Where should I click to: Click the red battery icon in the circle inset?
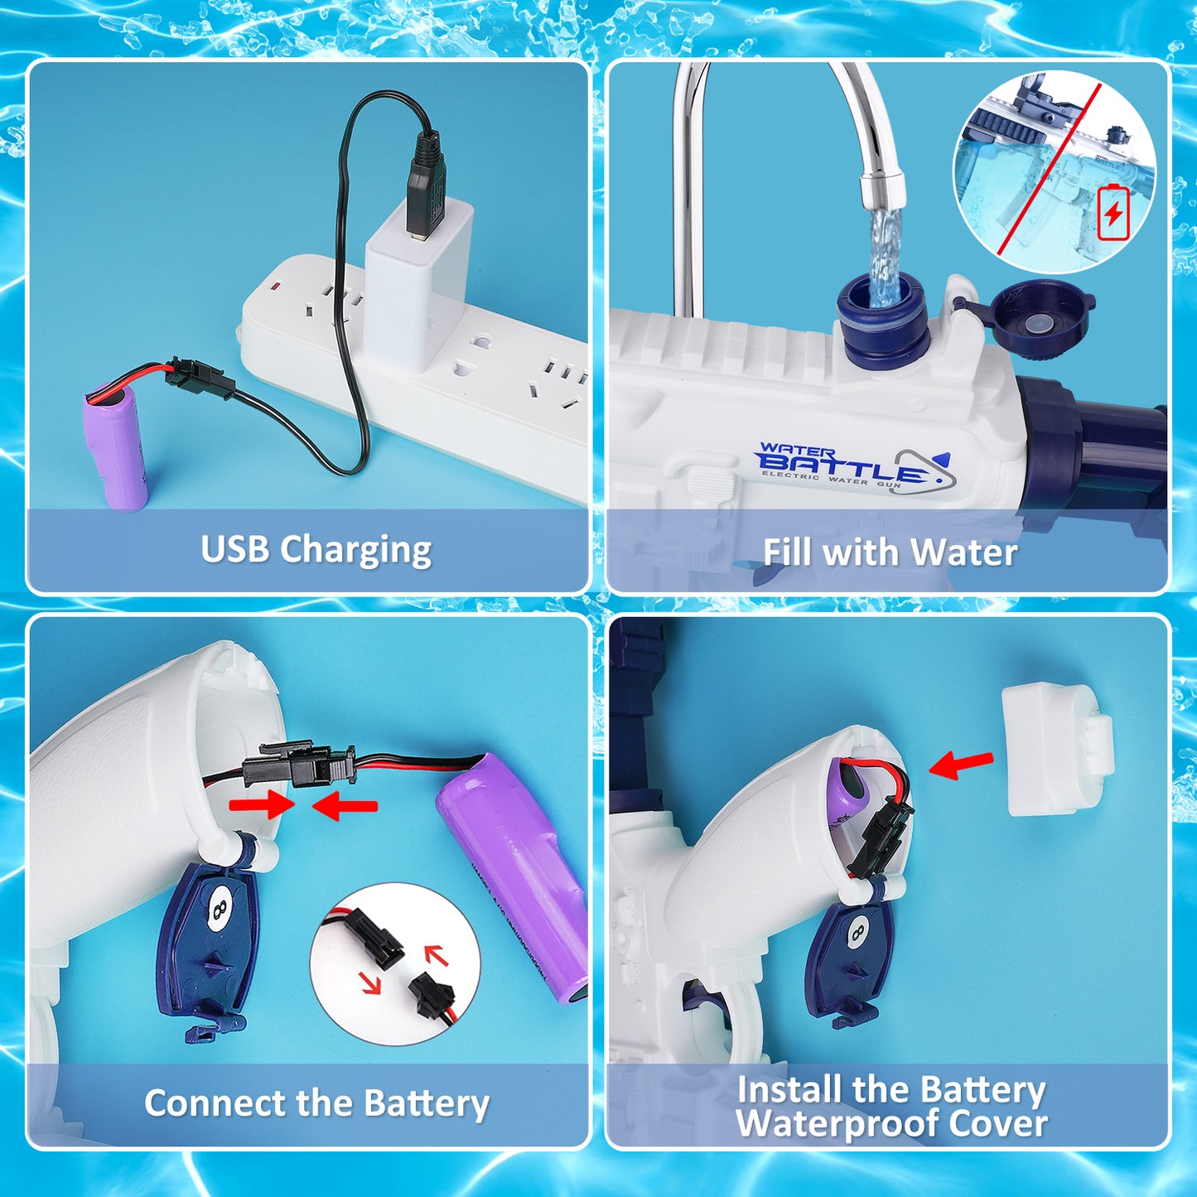[x=1113, y=213]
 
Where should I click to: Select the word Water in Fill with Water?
[x=963, y=553]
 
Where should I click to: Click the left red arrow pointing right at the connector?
[x=262, y=804]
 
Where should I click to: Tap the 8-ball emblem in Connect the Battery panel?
[x=219, y=909]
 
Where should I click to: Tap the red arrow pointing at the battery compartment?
[x=961, y=765]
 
